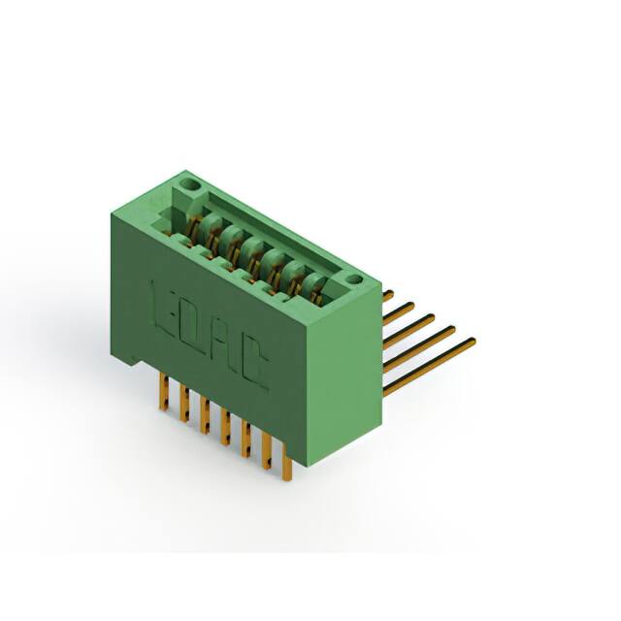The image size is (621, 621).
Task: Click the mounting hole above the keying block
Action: pos(191,184)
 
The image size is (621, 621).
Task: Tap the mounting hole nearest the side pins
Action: pos(355,279)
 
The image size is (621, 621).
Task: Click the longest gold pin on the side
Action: pos(429,366)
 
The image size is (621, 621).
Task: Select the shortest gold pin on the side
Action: pos(388,295)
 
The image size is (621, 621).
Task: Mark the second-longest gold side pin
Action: pos(419,348)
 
